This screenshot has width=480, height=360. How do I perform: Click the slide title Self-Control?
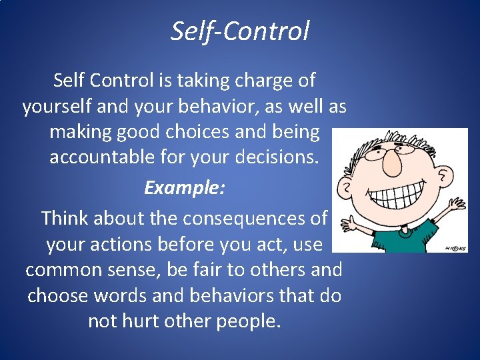240,31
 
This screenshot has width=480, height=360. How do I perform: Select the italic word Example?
185,187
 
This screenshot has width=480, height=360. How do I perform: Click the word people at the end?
247,321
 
